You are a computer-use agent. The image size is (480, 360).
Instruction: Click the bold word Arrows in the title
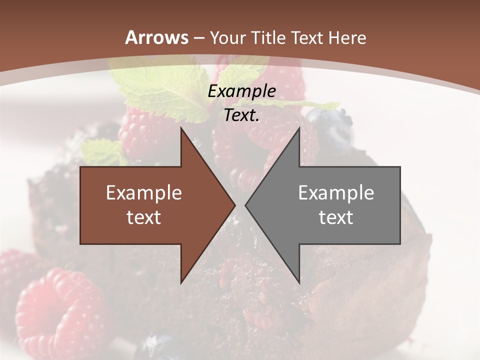point(157,37)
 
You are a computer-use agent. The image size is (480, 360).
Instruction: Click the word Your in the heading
point(226,37)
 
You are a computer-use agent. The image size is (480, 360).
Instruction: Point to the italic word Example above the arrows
point(241,91)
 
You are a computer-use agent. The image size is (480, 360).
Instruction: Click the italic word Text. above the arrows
point(241,115)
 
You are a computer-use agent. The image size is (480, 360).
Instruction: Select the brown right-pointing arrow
point(150,205)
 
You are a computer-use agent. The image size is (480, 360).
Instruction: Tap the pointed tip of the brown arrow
point(234,205)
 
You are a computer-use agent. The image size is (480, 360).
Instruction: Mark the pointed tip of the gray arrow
point(246,205)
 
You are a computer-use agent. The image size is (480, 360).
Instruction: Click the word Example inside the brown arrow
point(144,193)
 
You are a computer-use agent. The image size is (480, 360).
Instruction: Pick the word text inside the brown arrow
point(144,217)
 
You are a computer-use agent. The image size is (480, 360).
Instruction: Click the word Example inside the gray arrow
point(336,193)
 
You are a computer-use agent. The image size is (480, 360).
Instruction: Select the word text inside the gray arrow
point(336,217)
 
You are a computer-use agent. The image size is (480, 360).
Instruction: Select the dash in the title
point(199,38)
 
